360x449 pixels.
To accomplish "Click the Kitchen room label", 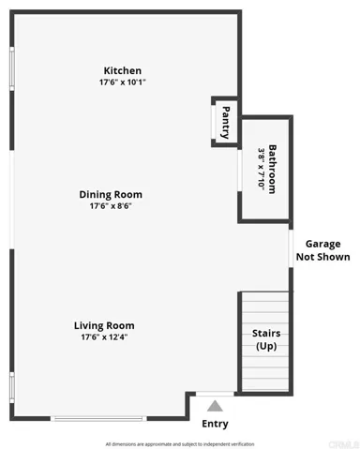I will point(123,70).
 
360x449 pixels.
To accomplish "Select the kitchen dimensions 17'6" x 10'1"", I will point(123,82).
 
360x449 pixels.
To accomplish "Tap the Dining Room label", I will point(116,194).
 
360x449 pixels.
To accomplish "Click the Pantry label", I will point(225,121).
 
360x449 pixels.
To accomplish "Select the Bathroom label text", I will point(273,169).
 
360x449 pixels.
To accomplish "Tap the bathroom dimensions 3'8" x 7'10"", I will point(262,169).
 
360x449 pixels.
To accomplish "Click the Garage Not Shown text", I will point(322,250).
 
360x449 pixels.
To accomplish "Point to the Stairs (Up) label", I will point(265,339).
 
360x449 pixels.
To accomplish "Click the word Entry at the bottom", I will point(215,424).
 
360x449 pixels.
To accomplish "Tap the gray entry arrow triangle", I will point(215,405).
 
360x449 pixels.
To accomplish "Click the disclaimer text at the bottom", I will point(179,443).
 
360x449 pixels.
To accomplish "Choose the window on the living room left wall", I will point(11,384).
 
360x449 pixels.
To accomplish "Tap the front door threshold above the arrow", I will point(215,393).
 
